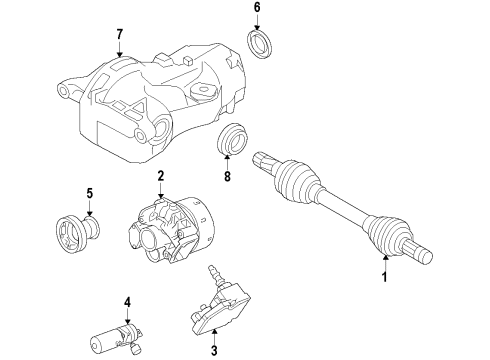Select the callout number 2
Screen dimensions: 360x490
pyautogui.click(x=160, y=176)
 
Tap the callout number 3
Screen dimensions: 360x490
pyautogui.click(x=213, y=350)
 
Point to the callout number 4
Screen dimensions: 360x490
pyautogui.click(x=127, y=300)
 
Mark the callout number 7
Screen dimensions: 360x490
pyautogui.click(x=119, y=36)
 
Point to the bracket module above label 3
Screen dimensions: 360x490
pyautogui.click(x=220, y=309)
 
